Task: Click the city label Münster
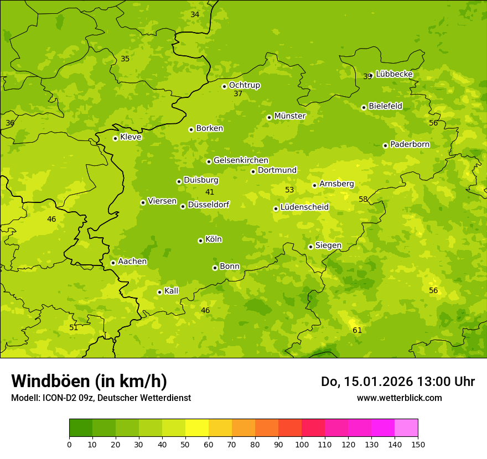click(x=289, y=116)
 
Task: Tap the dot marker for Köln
click(x=200, y=241)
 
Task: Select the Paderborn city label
click(x=410, y=144)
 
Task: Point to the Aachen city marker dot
click(x=113, y=263)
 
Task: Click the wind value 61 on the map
click(x=358, y=330)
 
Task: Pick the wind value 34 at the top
click(x=195, y=14)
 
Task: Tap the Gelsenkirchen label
click(x=241, y=160)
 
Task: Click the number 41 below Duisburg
click(x=210, y=192)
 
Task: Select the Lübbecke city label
click(x=394, y=74)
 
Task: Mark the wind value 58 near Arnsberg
click(x=363, y=199)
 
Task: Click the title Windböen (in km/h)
click(x=89, y=381)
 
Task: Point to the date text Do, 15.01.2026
click(x=367, y=382)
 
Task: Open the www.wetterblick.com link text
click(x=399, y=398)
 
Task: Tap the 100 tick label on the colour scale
click(x=302, y=444)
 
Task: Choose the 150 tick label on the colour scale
click(x=418, y=444)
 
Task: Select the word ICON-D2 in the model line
click(x=58, y=398)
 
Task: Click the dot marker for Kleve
click(x=115, y=138)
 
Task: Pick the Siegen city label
click(x=328, y=246)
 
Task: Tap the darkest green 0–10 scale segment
click(x=81, y=428)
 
